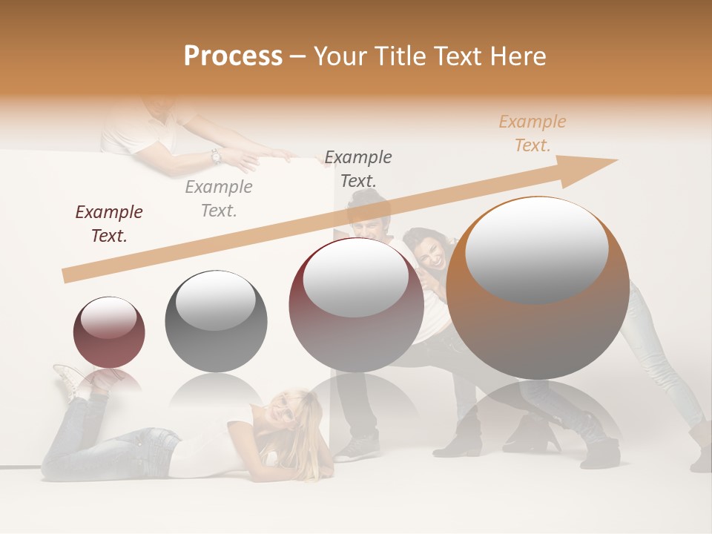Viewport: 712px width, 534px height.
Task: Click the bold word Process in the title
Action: coord(233,56)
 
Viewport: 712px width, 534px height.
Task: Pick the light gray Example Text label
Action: coord(219,198)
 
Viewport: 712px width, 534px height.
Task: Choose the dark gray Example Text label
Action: coord(358,168)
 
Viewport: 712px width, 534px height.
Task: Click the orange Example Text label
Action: coord(533,133)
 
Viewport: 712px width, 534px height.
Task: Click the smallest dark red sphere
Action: coord(109,332)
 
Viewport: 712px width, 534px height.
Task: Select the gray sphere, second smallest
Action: coord(216,321)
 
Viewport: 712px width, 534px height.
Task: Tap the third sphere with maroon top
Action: coord(356,305)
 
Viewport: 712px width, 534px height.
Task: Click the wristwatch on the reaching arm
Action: coord(216,156)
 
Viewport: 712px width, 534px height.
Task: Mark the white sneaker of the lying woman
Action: coord(68,379)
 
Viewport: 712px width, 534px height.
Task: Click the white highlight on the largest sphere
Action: coord(537,248)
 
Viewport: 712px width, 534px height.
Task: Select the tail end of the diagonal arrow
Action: coord(66,276)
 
